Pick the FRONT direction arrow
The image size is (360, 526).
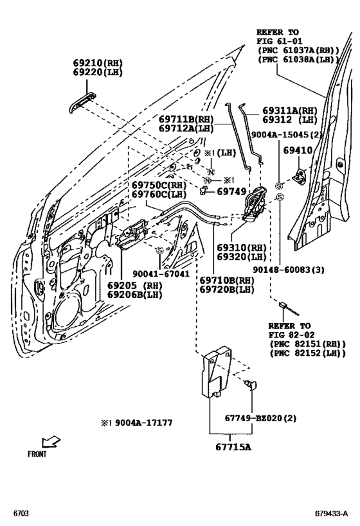50,442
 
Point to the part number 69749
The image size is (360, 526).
230,191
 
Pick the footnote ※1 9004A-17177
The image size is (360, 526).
136,422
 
